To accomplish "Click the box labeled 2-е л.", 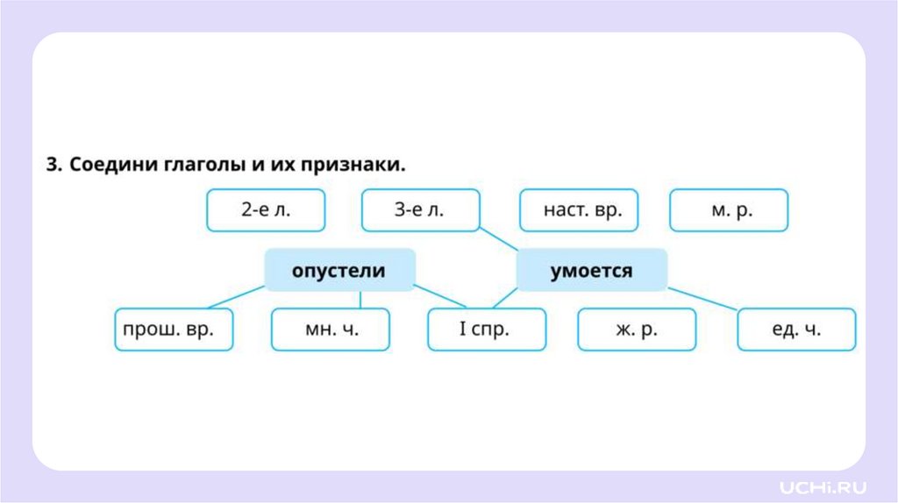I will click(265, 210).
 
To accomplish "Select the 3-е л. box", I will click(421, 210).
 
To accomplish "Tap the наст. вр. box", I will click(578, 210).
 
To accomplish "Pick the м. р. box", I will click(728, 210).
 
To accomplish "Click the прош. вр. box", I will click(174, 329).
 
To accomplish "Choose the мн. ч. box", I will click(330, 329).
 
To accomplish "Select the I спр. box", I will click(486, 329).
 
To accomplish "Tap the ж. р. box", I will click(636, 329).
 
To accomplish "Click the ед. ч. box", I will click(795, 329).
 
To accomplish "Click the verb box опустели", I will click(339, 270).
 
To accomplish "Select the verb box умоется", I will click(591, 270).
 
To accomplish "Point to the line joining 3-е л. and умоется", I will click(499, 240).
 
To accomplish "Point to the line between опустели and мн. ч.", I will click(360, 299).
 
